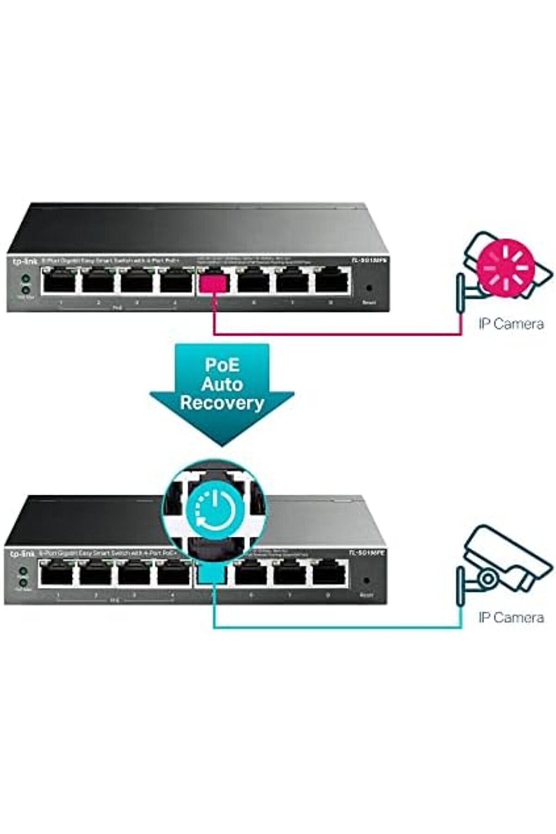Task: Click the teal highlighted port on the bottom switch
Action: (x=211, y=574)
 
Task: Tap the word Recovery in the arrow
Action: (x=222, y=402)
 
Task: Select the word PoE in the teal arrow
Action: (x=222, y=365)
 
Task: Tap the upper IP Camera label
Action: (x=511, y=323)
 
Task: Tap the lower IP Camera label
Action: (x=511, y=617)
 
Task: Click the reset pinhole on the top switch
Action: (x=369, y=288)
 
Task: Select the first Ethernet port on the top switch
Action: (x=59, y=282)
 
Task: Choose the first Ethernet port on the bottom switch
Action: (x=56, y=574)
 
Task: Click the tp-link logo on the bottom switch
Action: (x=21, y=554)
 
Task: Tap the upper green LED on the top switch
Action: (x=26, y=279)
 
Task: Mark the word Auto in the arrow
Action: (x=222, y=384)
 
